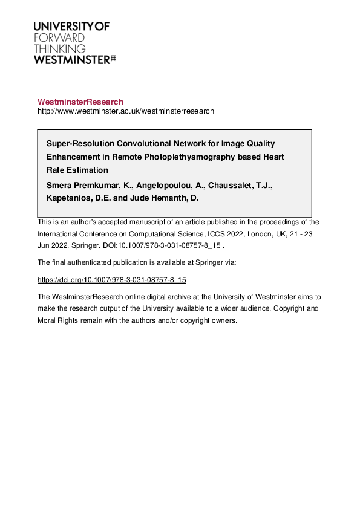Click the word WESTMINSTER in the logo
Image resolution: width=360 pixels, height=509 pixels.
point(71,59)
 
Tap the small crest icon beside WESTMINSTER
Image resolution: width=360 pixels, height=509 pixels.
point(113,59)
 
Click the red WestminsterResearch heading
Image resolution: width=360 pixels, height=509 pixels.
point(80,102)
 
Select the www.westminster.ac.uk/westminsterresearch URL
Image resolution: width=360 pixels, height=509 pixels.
point(126,111)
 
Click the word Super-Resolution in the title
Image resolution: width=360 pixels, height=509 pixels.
point(78,144)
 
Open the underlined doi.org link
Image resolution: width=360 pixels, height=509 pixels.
point(111,280)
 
